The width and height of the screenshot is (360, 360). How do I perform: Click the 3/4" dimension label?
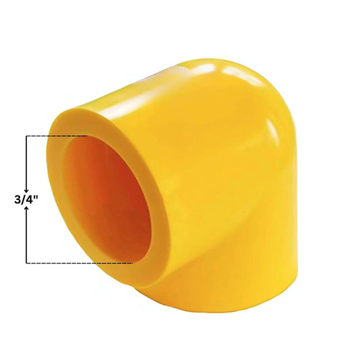(x=26, y=199)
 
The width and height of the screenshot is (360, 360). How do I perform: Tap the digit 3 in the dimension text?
(x=18, y=200)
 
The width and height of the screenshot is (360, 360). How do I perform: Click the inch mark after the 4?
(x=36, y=197)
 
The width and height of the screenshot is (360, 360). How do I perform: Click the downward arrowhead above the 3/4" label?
(x=26, y=190)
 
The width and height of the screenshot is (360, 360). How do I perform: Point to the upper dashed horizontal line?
(x=57, y=136)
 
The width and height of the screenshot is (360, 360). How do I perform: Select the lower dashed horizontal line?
(x=80, y=263)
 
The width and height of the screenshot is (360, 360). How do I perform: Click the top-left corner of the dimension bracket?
(x=26, y=136)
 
